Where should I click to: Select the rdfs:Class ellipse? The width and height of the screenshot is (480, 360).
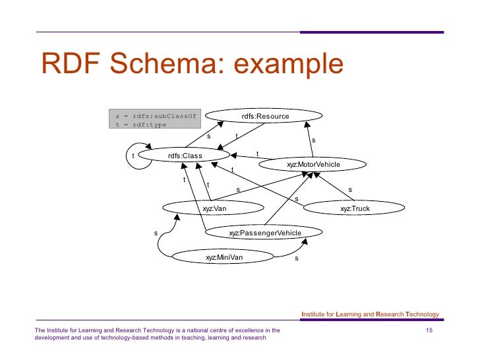pyautogui.click(x=185, y=156)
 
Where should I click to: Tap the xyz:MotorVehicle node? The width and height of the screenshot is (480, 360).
pyautogui.click(x=313, y=164)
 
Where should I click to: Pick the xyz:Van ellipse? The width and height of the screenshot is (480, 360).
pyautogui.click(x=214, y=208)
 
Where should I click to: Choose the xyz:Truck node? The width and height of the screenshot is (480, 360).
pyautogui.click(x=355, y=208)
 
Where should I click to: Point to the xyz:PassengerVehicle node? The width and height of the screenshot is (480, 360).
pyautogui.click(x=264, y=233)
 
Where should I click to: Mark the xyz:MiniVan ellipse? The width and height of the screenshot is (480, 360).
pyautogui.click(x=224, y=257)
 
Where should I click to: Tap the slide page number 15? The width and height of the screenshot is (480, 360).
pyautogui.click(x=429, y=330)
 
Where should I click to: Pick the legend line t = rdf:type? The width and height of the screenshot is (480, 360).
pyautogui.click(x=141, y=125)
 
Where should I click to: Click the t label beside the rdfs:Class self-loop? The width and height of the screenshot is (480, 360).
pyautogui.click(x=133, y=156)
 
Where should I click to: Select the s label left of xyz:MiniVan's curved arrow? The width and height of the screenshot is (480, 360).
pyautogui.click(x=156, y=233)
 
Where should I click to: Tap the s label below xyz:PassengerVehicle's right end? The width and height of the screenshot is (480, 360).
pyautogui.click(x=297, y=258)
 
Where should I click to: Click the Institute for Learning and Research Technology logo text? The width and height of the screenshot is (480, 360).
pyautogui.click(x=369, y=315)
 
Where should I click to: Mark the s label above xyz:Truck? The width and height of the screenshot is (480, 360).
pyautogui.click(x=350, y=190)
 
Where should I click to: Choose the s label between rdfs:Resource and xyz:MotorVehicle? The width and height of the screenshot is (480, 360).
pyautogui.click(x=314, y=140)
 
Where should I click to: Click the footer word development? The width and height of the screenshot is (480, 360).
pyautogui.click(x=55, y=338)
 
